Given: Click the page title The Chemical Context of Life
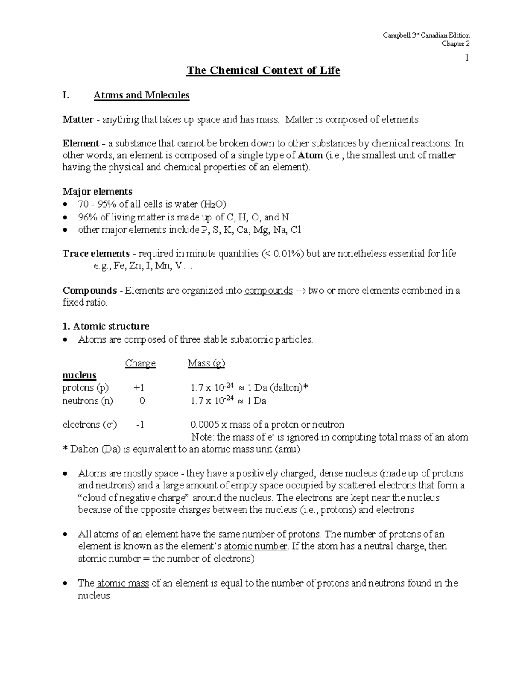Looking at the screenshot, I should coord(263,71).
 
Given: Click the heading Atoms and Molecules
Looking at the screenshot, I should coord(141,95).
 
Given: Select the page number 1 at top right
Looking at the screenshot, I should coord(467,58).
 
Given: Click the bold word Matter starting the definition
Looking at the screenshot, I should coord(78,119).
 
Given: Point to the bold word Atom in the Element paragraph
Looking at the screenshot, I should coord(310,155).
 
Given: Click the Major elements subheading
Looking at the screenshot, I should coord(97,192).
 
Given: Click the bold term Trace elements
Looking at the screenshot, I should coord(96,254).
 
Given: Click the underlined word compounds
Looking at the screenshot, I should coord(269,291).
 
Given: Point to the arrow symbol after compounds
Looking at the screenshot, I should coord(301,291).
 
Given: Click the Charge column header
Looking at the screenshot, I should coord(140,363).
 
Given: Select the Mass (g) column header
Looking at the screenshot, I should coord(206,363).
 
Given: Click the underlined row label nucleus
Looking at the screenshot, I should coord(79,375).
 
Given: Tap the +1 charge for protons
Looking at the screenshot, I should coord(139,388).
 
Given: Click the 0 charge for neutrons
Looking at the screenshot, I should coord(142,401).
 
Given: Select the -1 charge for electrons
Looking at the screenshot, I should coord(140,425).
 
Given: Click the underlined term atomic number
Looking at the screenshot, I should coord(256,546).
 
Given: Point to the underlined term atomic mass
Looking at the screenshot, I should coord(122,583).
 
